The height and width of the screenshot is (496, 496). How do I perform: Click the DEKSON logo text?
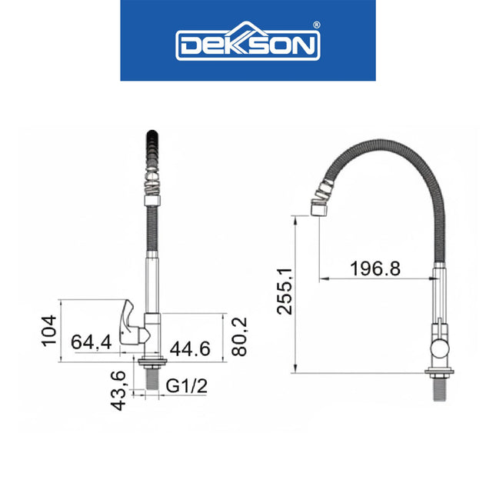click(x=247, y=45)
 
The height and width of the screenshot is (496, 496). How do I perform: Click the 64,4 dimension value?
click(x=92, y=342)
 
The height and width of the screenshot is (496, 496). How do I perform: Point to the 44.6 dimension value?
click(x=189, y=348)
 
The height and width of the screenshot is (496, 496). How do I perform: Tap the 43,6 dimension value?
click(x=118, y=391)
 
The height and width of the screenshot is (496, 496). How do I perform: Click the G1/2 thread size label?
click(x=187, y=384)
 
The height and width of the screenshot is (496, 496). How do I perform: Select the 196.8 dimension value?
click(x=374, y=268)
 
